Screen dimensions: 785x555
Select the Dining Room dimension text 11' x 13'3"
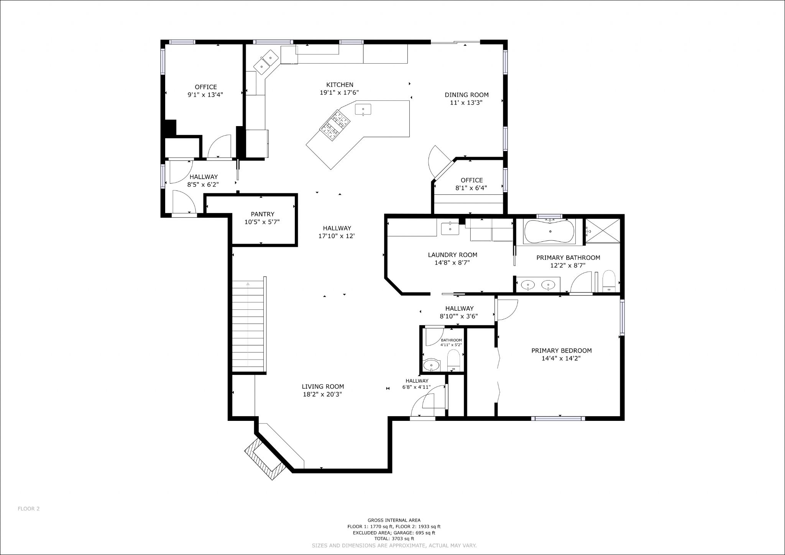(x=466, y=103)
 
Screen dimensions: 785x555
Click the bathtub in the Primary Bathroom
(x=550, y=232)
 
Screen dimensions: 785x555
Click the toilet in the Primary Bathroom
(x=609, y=281)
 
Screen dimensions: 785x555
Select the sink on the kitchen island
(x=363, y=109)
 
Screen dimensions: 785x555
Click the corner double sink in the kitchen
(x=266, y=62)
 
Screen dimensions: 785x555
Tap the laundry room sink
(x=450, y=228)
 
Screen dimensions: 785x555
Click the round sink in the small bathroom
(x=432, y=365)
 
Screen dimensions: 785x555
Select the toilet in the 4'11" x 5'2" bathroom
(x=453, y=361)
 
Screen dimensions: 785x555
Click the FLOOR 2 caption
(x=29, y=509)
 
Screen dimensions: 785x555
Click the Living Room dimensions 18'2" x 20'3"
(x=322, y=394)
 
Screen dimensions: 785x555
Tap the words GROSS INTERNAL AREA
(x=394, y=520)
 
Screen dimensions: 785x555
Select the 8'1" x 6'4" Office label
(x=471, y=184)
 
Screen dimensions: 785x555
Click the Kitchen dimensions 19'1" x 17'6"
(x=339, y=92)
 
